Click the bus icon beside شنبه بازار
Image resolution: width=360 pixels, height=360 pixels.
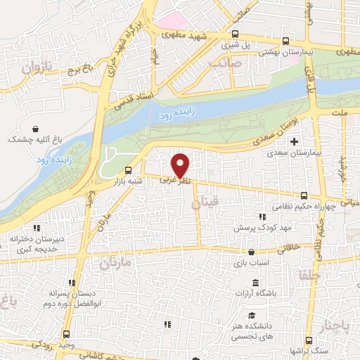(127, 170)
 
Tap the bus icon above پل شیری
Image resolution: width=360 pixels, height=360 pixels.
(235, 34)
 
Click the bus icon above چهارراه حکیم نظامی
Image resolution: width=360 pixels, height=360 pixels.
(303, 195)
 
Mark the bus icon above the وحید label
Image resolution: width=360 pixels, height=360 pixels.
(66, 334)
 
